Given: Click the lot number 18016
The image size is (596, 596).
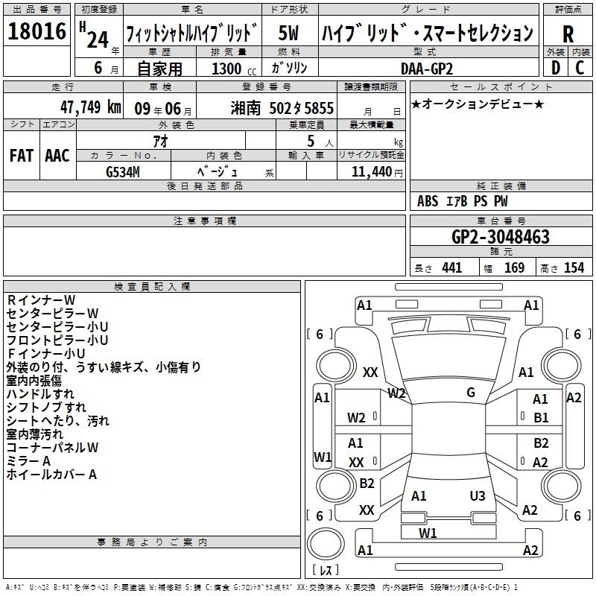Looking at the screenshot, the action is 37,31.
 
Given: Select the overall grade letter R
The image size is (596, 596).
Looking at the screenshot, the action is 568,34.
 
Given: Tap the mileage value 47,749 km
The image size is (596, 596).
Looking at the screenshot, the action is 90,107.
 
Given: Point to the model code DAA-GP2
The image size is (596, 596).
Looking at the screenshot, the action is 427,69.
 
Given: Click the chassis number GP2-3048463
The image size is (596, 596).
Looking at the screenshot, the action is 501,237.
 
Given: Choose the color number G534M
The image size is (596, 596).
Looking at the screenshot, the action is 123,172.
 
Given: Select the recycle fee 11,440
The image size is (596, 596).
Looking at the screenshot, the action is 372,172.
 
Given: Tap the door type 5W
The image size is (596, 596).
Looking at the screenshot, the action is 288,33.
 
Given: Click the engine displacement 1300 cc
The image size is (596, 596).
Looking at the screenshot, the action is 234,69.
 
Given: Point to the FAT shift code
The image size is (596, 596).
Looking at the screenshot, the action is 22,156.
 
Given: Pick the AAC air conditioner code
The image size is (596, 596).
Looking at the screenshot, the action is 57,156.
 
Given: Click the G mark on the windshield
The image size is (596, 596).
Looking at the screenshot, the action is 471,393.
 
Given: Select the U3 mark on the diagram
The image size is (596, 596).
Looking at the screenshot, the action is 478,495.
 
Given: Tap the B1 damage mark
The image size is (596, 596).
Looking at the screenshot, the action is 541,418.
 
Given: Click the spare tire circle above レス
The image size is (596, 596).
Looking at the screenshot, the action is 326,544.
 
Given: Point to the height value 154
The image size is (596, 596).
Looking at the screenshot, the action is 574,268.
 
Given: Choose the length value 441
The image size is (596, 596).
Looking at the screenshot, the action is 452,268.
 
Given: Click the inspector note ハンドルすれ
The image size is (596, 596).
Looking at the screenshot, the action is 40,394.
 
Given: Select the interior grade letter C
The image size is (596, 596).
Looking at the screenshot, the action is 580,68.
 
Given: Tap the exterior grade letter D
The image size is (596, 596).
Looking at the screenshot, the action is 556,68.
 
